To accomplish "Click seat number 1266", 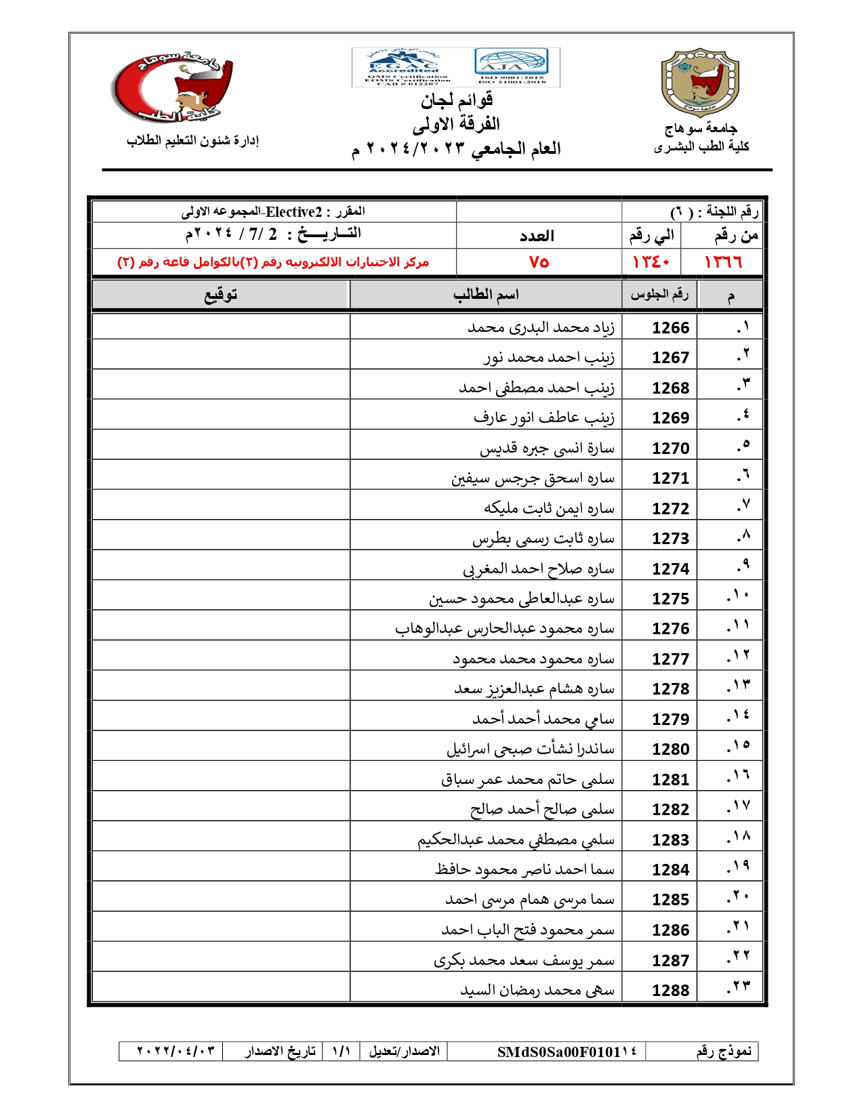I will (670, 328).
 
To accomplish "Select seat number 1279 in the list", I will (670, 720).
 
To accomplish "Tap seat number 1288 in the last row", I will (670, 991).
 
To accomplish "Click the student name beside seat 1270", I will (547, 449).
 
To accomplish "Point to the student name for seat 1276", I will (505, 629).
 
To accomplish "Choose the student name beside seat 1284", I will (524, 869).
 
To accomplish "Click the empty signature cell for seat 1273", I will (221, 538).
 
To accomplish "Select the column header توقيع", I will (221, 295).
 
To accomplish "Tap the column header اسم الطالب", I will (486, 295).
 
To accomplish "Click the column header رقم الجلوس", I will (659, 295).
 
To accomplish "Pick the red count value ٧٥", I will (539, 262).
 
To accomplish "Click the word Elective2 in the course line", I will (293, 212).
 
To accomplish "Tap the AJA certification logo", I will (512, 63).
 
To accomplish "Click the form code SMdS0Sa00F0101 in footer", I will (567, 1052).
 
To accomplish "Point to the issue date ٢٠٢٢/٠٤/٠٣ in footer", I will (176, 1051).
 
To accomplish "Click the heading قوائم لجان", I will (456, 101).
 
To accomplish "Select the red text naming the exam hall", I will (273, 262).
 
